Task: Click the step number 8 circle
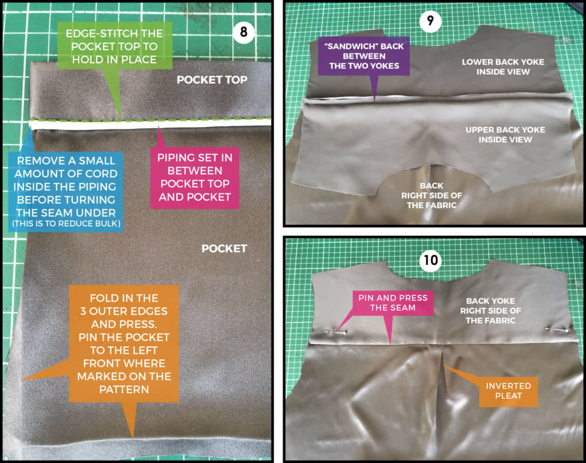click(244, 32)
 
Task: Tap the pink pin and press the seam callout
click(393, 304)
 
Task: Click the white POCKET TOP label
click(212, 80)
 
